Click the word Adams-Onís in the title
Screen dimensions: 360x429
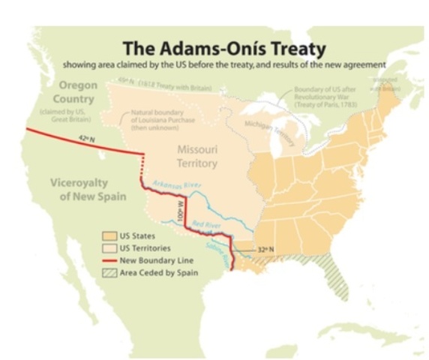(195, 49)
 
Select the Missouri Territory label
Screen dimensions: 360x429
(197, 156)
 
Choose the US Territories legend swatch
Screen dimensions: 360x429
(109, 248)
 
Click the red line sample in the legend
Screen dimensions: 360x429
(109, 260)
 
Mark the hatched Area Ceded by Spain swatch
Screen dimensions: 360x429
(109, 272)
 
